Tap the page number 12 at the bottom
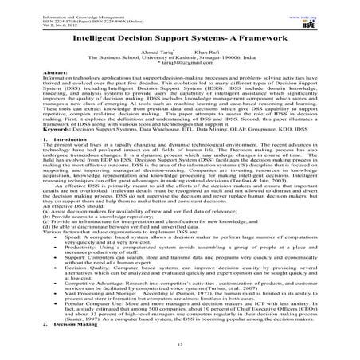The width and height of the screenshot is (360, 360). tap(179, 342)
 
